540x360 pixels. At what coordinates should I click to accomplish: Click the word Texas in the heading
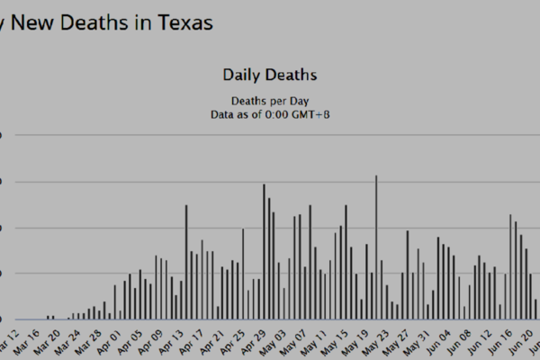click(183, 22)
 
